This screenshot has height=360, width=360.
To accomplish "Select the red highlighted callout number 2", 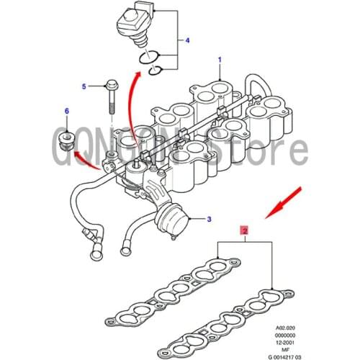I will tap(244, 231).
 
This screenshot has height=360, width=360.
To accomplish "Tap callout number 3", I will tap(210, 219).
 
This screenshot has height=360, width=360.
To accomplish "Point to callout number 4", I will tap(188, 40).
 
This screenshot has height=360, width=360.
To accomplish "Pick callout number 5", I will tap(84, 86).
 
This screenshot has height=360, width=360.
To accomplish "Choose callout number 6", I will tap(67, 111).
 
